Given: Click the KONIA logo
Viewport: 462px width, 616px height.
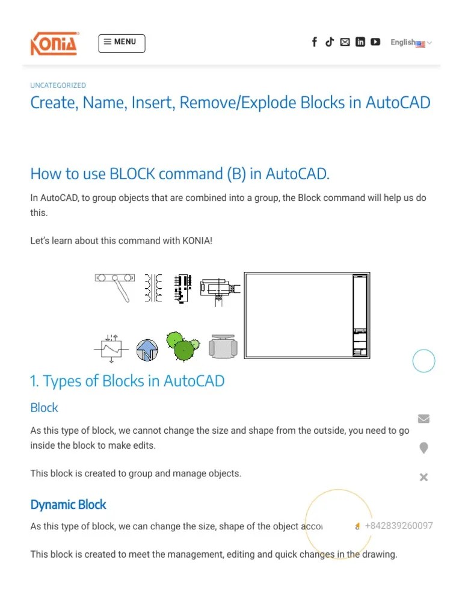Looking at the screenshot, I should pyautogui.click(x=54, y=43).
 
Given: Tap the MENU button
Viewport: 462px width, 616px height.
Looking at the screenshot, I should pyautogui.click(x=122, y=43).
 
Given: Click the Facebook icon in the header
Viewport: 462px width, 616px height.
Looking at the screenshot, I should pyautogui.click(x=314, y=42).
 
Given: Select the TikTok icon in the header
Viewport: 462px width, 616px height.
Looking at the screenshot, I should pyautogui.click(x=330, y=42).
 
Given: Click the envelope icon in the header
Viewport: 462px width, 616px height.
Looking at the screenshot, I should pyautogui.click(x=345, y=42).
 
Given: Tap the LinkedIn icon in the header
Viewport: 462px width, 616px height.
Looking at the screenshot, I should pyautogui.click(x=360, y=42).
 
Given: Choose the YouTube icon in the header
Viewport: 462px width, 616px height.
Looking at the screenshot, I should pyautogui.click(x=375, y=42).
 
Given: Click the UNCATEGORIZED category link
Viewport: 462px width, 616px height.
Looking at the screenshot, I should pyautogui.click(x=58, y=85).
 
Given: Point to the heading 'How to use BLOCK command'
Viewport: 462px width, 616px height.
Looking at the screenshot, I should pyautogui.click(x=180, y=174).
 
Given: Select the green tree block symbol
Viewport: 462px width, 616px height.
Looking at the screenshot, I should pyautogui.click(x=182, y=346).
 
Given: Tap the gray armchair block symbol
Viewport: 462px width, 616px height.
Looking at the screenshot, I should pyautogui.click(x=223, y=347).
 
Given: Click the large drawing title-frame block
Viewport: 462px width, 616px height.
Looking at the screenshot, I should pyautogui.click(x=306, y=316).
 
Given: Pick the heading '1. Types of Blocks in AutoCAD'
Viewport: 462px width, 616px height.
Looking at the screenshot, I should pyautogui.click(x=127, y=381).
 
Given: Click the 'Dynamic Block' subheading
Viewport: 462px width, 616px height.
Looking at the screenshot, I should pyautogui.click(x=68, y=505).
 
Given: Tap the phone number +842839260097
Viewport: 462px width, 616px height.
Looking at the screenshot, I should pyautogui.click(x=398, y=526).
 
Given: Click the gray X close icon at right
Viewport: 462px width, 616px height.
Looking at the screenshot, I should pyautogui.click(x=423, y=477).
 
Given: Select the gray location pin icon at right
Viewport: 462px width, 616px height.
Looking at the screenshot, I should pyautogui.click(x=423, y=448).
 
